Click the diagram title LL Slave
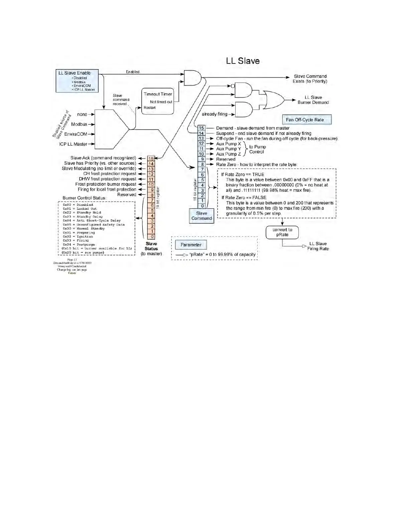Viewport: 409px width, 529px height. pyautogui.click(x=243, y=61)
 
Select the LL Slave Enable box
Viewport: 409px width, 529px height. pyautogui.click(x=77, y=80)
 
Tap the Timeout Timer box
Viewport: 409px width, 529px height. pyautogui.click(x=158, y=101)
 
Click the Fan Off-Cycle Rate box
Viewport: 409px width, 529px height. pyautogui.click(x=307, y=120)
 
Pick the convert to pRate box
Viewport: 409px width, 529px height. pyautogui.click(x=282, y=232)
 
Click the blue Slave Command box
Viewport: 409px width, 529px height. pyautogui.click(x=201, y=216)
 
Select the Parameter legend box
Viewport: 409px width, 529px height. pyautogui.click(x=191, y=245)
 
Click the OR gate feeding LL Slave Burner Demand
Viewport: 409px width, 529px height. pyautogui.click(x=273, y=100)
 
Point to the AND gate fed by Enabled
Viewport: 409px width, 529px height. pyautogui.click(x=192, y=77)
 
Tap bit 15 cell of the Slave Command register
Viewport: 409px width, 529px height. pyautogui.click(x=201, y=128)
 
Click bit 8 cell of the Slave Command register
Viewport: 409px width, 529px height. pyautogui.click(x=202, y=164)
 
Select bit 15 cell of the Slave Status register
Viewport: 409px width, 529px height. pyautogui.click(x=151, y=159)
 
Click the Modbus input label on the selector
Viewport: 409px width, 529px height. pyautogui.click(x=79, y=124)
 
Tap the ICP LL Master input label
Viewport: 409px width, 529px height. pyautogui.click(x=73, y=144)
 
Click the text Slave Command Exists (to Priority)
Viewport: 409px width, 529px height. pyautogui.click(x=310, y=79)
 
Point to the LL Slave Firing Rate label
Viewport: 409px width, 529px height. pyautogui.click(x=318, y=246)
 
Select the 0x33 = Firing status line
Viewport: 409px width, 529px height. pyautogui.click(x=76, y=240)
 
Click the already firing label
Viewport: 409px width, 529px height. pyautogui.click(x=214, y=114)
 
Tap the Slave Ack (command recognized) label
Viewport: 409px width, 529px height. pyautogui.click(x=103, y=158)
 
